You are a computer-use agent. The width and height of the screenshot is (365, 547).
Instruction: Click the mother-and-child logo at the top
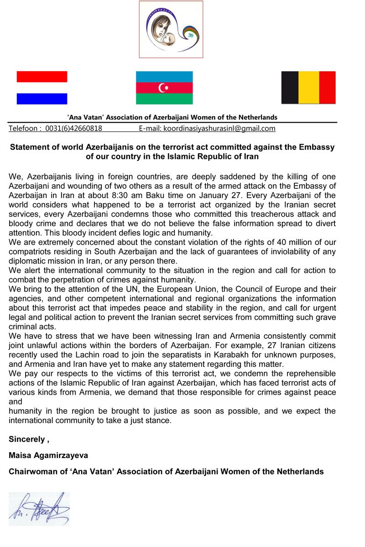171,29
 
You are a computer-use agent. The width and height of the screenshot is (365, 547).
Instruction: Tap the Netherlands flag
42,88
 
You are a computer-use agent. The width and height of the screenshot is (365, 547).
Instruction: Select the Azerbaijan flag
164,88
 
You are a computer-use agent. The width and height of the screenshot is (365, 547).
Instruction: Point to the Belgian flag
308,88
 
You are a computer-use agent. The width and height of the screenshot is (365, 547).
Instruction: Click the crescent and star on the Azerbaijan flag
163,88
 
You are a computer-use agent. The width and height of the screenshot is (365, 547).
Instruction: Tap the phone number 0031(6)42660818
73,128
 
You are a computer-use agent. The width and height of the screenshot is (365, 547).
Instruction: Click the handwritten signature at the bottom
39,508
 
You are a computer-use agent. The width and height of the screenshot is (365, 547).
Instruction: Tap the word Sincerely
26,439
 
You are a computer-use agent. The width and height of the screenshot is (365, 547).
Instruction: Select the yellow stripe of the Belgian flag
308,88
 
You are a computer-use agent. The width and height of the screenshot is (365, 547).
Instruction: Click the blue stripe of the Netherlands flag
42,99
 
